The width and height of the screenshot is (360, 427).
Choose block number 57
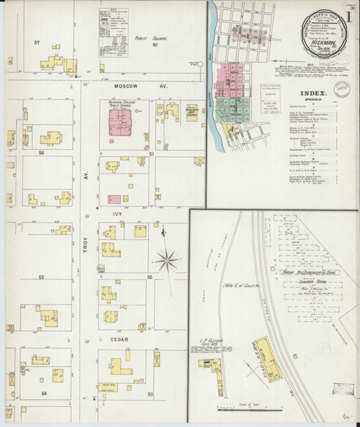click(x=35, y=45)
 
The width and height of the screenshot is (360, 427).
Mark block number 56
click(x=42, y=153)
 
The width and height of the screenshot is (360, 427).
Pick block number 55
click(x=42, y=277)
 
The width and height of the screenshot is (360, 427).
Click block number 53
click(x=150, y=395)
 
